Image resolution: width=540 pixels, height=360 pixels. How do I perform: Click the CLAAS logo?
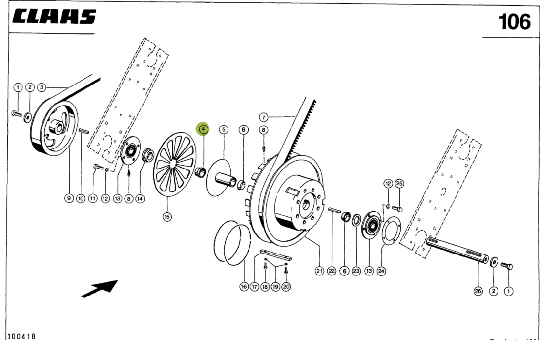coord(54,18)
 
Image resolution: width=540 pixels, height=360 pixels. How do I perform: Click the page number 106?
coord(514,22)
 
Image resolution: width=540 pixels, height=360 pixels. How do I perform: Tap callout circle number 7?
coord(263,117)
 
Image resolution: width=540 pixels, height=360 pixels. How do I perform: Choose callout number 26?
coord(478,292)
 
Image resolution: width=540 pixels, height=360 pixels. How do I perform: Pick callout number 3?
coord(42,87)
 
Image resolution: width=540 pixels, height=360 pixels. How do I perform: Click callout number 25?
coord(399,184)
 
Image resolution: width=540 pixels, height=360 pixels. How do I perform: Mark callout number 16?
coord(244,287)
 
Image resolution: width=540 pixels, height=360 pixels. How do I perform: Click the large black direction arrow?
coord(100,288)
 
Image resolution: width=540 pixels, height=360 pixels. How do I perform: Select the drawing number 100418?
coord(21,337)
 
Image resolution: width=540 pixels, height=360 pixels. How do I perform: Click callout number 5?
coord(223,129)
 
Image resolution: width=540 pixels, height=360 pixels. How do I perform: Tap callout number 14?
coord(140,199)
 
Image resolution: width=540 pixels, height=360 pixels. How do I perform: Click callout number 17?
coord(254,287)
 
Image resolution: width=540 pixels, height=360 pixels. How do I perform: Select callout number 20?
coord(286,287)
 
